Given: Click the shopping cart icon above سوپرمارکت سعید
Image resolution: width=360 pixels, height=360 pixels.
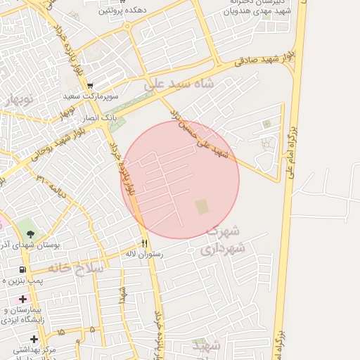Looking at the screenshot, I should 91,86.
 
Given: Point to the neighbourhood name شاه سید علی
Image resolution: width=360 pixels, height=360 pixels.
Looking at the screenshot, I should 179,84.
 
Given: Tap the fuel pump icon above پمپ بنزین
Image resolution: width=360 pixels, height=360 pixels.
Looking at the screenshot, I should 23,270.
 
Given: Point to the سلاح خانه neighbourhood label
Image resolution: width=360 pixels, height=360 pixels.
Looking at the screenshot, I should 77,269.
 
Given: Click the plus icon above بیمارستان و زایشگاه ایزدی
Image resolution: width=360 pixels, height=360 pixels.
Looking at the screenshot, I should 23,300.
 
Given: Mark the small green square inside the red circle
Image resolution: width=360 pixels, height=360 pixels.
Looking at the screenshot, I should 202,206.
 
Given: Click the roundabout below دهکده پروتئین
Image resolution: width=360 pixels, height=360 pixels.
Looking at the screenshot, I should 127,26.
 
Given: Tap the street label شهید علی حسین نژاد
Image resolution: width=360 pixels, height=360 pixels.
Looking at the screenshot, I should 199,131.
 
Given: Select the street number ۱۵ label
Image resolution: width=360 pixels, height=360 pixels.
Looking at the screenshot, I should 61,331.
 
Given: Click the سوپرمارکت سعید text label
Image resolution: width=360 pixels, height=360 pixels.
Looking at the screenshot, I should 91,96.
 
